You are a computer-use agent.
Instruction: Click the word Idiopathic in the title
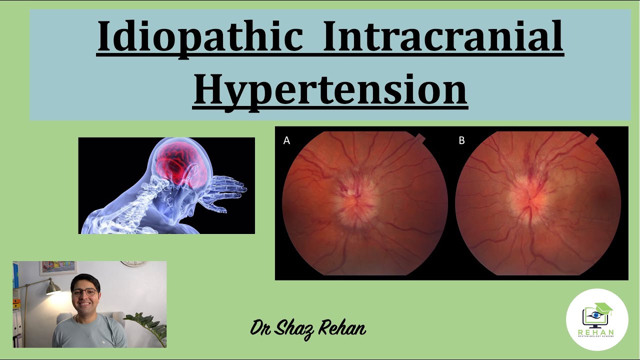pyautogui.click(x=200, y=38)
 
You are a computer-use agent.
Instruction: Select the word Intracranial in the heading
pyautogui.click(x=443, y=38)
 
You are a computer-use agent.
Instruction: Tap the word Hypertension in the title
pyautogui.click(x=330, y=89)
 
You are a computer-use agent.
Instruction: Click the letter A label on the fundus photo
pyautogui.click(x=286, y=140)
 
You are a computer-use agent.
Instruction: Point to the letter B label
pyautogui.click(x=461, y=140)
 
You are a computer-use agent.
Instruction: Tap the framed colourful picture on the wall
pyautogui.click(x=58, y=267)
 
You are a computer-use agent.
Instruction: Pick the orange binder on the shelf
pyautogui.click(x=16, y=303)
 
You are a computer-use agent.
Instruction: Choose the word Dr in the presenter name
pyautogui.click(x=261, y=329)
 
